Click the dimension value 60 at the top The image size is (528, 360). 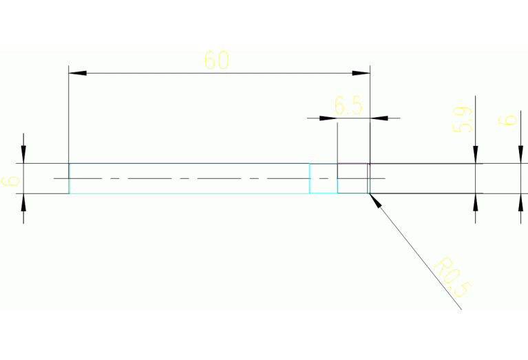pos(216,61)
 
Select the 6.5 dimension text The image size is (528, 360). pos(348,106)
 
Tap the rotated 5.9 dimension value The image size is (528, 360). pos(463,118)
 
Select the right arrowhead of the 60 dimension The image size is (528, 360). pos(362,72)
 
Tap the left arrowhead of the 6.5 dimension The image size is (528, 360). pos(329,118)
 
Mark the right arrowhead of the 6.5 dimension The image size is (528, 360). pos(379,118)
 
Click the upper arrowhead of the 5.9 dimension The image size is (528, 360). pos(476,156)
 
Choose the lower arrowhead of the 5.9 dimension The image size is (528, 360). pos(476,201)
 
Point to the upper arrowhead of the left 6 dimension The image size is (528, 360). pos(23,155)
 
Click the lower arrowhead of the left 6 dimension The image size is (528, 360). pos(23,202)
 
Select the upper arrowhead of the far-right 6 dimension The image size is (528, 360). pos(519,156)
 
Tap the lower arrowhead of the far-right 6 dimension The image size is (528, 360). pos(519,201)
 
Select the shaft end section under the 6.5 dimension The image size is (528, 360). pos(353,178)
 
